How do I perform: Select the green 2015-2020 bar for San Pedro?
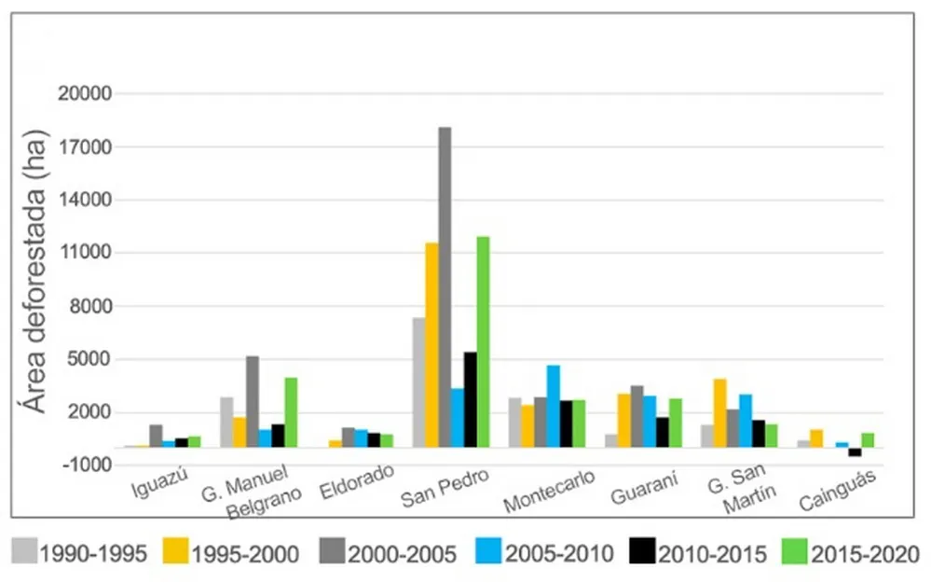[483, 341]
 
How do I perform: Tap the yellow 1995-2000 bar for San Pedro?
[432, 345]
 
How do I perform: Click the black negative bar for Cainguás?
[854, 451]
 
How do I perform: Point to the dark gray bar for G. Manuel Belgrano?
[253, 401]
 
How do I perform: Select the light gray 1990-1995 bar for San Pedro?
[419, 382]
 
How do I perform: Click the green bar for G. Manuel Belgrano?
[291, 411]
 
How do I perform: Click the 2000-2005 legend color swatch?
[331, 552]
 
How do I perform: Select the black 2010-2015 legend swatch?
[644, 552]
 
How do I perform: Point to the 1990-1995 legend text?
[92, 553]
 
